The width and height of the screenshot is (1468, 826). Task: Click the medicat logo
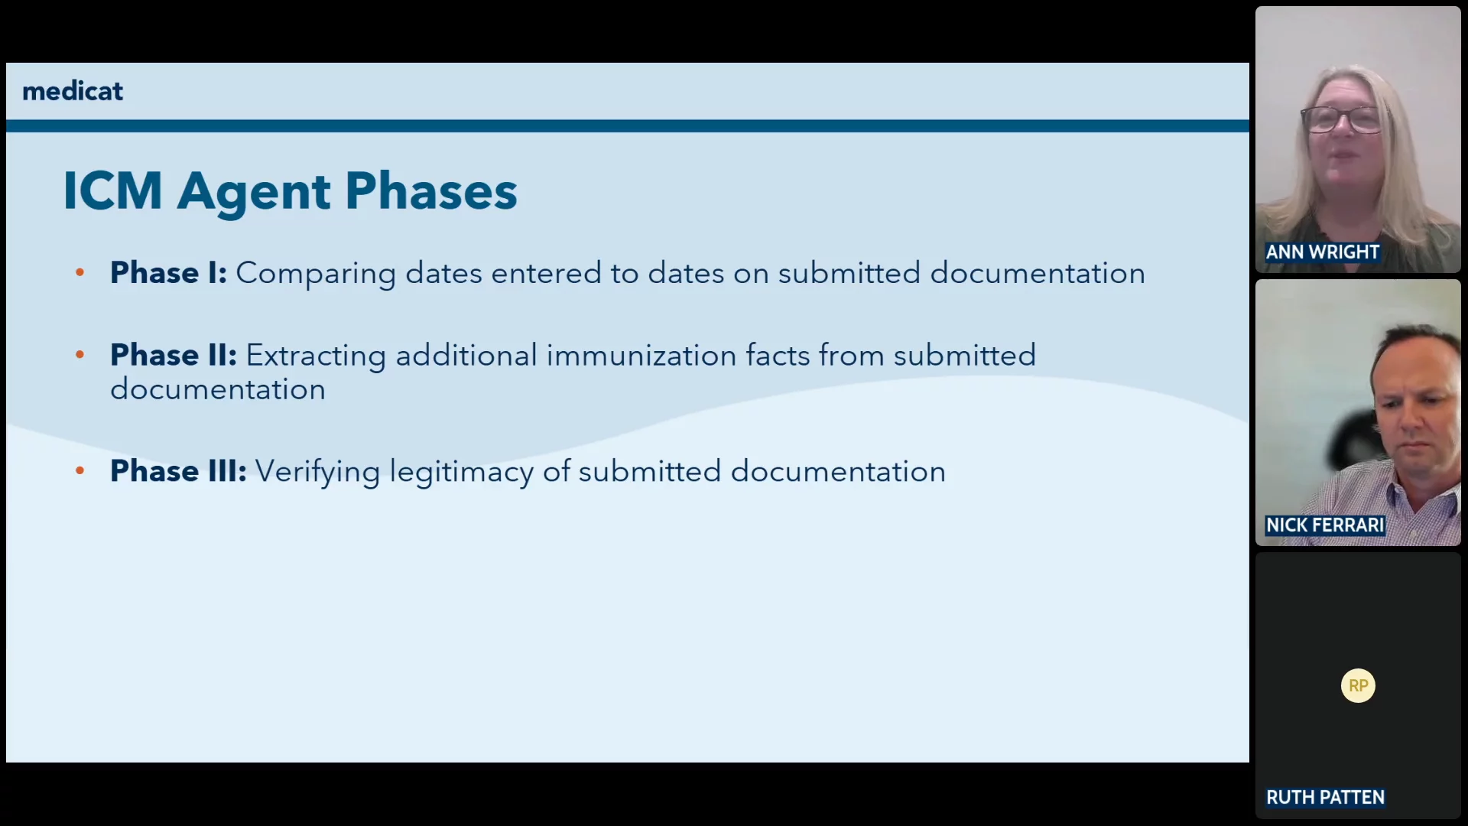pos(73,91)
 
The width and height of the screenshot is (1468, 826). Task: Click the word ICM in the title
pos(112,190)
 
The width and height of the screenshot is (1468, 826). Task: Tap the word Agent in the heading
pos(254,193)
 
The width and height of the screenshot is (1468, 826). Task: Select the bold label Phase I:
pos(168,272)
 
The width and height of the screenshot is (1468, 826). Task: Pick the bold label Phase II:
pos(174,355)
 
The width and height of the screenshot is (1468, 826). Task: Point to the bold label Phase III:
pos(178,470)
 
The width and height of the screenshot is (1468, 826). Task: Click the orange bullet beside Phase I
pos(80,272)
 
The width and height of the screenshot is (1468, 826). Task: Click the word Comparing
pos(316,274)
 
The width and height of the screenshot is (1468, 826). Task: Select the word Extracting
pos(316,356)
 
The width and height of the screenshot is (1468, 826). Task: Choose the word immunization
pos(641,355)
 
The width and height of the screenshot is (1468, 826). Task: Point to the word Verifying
pos(317,472)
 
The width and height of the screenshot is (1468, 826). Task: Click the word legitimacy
pos(462,472)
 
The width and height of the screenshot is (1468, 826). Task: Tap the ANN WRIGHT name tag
pos(1323,252)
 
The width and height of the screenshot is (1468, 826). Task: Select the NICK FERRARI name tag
pos(1325,525)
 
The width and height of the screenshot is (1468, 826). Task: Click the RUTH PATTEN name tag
pos(1325,797)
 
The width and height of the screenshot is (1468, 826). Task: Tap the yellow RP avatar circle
pos(1358,685)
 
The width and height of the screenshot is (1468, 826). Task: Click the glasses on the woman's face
pos(1344,119)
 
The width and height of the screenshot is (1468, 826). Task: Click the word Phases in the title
pos(431,190)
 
